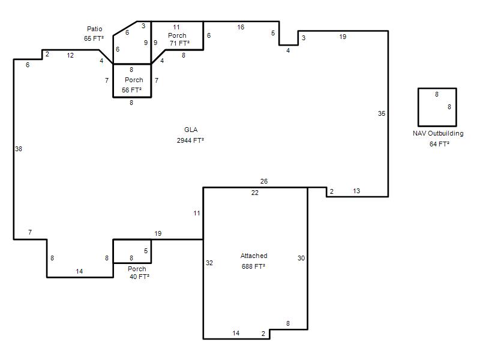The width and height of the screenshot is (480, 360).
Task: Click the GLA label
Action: pyautogui.click(x=191, y=130)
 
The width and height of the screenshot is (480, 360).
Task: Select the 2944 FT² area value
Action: pyautogui.click(x=190, y=140)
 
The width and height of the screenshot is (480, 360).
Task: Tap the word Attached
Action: pyautogui.click(x=254, y=256)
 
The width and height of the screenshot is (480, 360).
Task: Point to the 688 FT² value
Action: pyautogui.click(x=253, y=266)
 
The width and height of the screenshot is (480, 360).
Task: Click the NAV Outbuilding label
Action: pyautogui.click(x=438, y=133)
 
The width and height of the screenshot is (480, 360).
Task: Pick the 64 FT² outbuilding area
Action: pyautogui.click(x=439, y=144)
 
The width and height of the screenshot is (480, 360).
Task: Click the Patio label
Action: pyautogui.click(x=95, y=29)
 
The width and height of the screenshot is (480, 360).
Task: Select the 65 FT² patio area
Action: pyautogui.click(x=94, y=38)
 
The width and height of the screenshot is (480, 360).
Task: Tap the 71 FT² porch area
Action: pyautogui.click(x=179, y=43)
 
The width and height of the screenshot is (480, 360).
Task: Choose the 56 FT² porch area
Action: pyautogui.click(x=131, y=90)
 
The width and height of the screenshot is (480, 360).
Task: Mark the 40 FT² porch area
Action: pyautogui.click(x=139, y=277)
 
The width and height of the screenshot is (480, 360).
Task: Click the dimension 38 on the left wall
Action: pyautogui.click(x=19, y=149)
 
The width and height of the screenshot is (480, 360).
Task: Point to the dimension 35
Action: pyautogui.click(x=382, y=113)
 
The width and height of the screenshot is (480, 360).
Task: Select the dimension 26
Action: pyautogui.click(x=264, y=181)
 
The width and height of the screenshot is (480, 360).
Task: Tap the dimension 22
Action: pyautogui.click(x=254, y=193)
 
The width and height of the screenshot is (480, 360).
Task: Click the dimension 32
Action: pyautogui.click(x=209, y=263)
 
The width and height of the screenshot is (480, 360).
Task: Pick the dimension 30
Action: pyautogui.click(x=301, y=258)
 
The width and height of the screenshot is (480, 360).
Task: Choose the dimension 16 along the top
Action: pyautogui.click(x=241, y=27)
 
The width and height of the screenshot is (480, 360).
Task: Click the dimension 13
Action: pyautogui.click(x=356, y=191)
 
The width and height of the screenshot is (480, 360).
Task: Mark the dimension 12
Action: pyautogui.click(x=70, y=55)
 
